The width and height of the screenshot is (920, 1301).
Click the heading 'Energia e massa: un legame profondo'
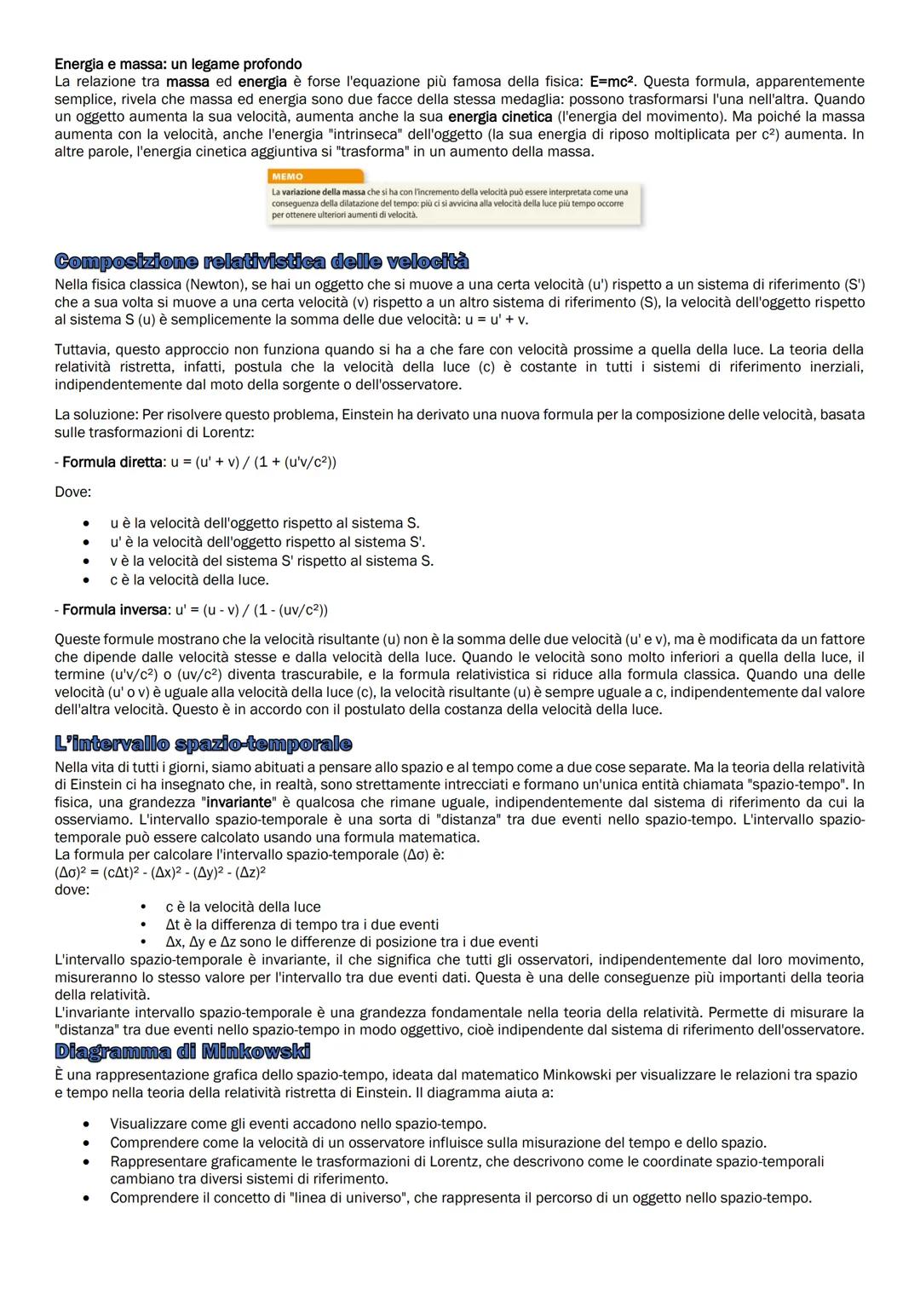[x=178, y=64]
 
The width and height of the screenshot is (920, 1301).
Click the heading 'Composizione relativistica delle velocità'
[x=262, y=261]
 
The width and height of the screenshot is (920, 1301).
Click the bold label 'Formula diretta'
[x=112, y=462]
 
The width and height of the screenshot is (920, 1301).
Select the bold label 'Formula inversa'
[x=115, y=610]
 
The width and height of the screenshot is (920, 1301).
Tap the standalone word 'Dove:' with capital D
[x=72, y=492]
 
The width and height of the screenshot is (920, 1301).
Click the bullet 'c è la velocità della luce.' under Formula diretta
[x=189, y=580]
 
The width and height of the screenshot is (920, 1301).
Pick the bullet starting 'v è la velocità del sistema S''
[x=271, y=561]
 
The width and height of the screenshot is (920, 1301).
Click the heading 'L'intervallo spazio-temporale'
[x=203, y=744]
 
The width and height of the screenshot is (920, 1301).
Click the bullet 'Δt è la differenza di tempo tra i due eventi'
[x=302, y=924]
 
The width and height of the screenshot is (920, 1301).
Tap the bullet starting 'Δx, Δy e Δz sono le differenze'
[x=351, y=942]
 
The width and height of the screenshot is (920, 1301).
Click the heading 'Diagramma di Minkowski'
[x=182, y=1051]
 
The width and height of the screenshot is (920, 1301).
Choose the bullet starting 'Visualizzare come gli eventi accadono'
[x=298, y=1124]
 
